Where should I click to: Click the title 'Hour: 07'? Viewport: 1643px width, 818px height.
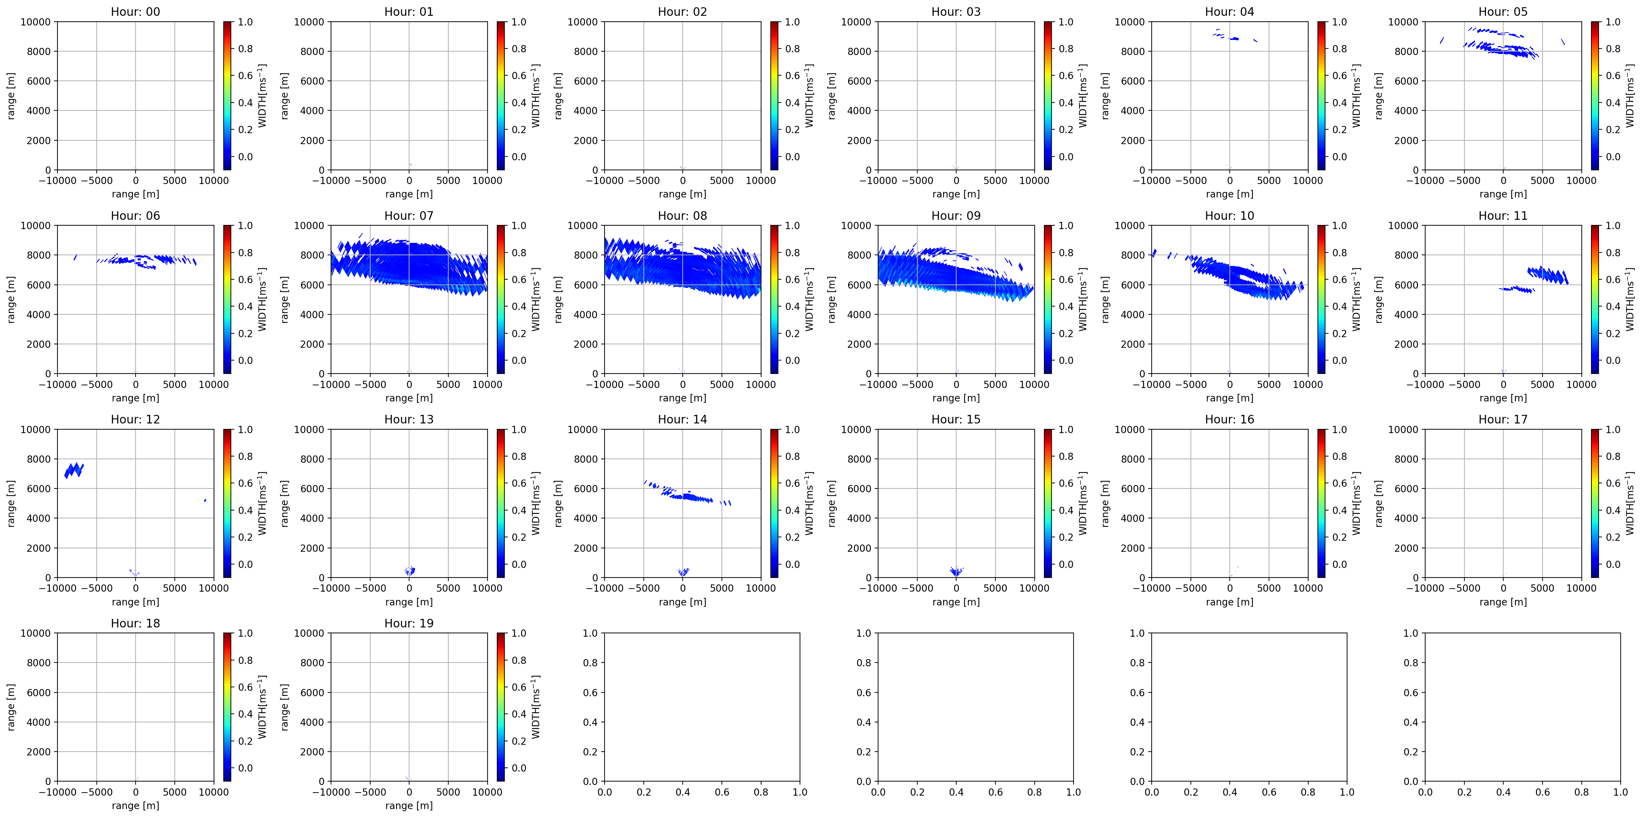[409, 215]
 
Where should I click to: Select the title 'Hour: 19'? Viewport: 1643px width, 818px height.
[409, 623]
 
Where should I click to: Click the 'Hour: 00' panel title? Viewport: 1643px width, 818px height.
[135, 11]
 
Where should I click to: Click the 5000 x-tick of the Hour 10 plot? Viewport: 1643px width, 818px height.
[1269, 385]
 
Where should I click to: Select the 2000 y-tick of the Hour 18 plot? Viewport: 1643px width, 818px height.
[39, 752]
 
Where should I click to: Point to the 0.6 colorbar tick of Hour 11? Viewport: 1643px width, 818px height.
[1612, 279]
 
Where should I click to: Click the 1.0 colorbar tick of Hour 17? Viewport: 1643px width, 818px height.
[1612, 430]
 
